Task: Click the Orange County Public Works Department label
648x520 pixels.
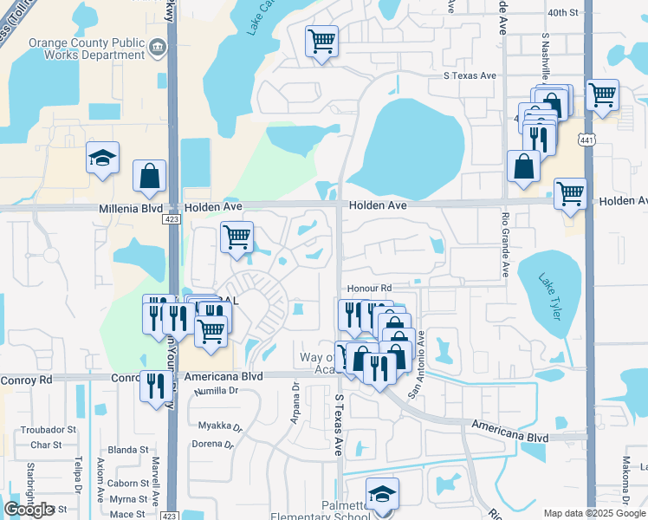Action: (x=87, y=48)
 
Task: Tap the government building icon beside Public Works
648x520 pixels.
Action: (x=158, y=46)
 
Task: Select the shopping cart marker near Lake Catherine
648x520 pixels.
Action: (x=321, y=41)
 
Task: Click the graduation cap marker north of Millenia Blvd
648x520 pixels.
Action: (x=102, y=159)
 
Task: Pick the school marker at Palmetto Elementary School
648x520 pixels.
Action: (x=382, y=495)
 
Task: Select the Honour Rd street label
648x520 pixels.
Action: (x=369, y=288)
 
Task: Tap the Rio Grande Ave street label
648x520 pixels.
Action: (x=505, y=245)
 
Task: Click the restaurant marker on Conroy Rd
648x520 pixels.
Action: (x=155, y=386)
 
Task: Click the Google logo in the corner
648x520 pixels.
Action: (x=29, y=510)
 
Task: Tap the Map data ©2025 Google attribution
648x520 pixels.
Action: (x=594, y=513)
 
